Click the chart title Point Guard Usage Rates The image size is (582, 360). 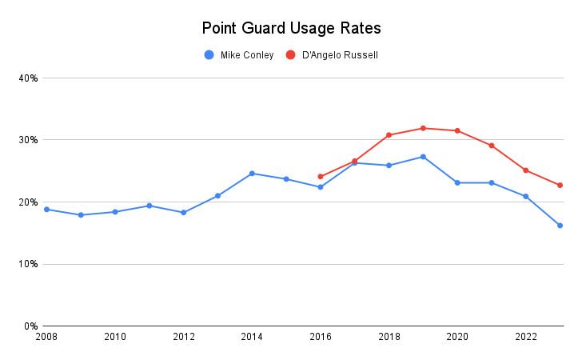(x=291, y=28)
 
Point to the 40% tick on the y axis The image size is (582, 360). (x=28, y=78)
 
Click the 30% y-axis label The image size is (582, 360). (x=28, y=140)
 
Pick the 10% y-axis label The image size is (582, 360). (x=28, y=264)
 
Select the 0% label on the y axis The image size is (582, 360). (x=30, y=326)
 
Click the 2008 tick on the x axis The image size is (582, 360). (x=46, y=337)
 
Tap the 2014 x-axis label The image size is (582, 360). (x=252, y=337)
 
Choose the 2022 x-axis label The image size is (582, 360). (x=526, y=337)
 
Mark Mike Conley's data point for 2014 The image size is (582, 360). (x=252, y=173)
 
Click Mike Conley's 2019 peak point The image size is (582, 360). (x=423, y=157)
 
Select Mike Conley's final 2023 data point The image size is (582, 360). (x=560, y=226)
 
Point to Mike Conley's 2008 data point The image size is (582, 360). (x=46, y=210)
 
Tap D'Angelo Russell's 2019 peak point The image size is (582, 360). (x=423, y=128)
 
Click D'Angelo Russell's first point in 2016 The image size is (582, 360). (x=321, y=177)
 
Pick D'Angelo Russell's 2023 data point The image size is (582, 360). (x=560, y=185)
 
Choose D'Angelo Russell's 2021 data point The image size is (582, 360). (x=492, y=146)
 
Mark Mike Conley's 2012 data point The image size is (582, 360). (x=183, y=213)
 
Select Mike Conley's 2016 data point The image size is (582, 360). (x=321, y=187)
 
